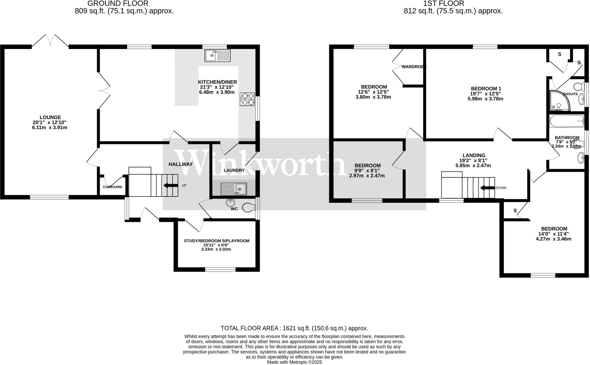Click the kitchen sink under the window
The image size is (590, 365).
pos(218,56)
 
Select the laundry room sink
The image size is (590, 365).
pos(234,189)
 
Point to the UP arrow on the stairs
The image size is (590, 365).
pos(171,186)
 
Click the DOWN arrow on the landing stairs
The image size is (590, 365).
pos(487,188)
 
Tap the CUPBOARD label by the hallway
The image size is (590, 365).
pos(113,187)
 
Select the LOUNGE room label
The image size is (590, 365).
pos(50,117)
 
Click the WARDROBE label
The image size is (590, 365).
pos(414,67)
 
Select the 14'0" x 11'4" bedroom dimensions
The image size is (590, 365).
pos(553,234)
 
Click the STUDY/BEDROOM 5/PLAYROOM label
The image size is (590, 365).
pos(217,241)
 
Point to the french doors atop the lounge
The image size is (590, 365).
pos(50,41)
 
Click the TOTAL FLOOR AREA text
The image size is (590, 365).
pos(294,328)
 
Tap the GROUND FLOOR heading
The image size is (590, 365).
pos(118,3)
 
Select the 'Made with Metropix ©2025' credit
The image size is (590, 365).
pos(294,362)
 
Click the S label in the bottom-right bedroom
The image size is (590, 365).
pos(515,211)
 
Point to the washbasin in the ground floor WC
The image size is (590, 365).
pos(230,203)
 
